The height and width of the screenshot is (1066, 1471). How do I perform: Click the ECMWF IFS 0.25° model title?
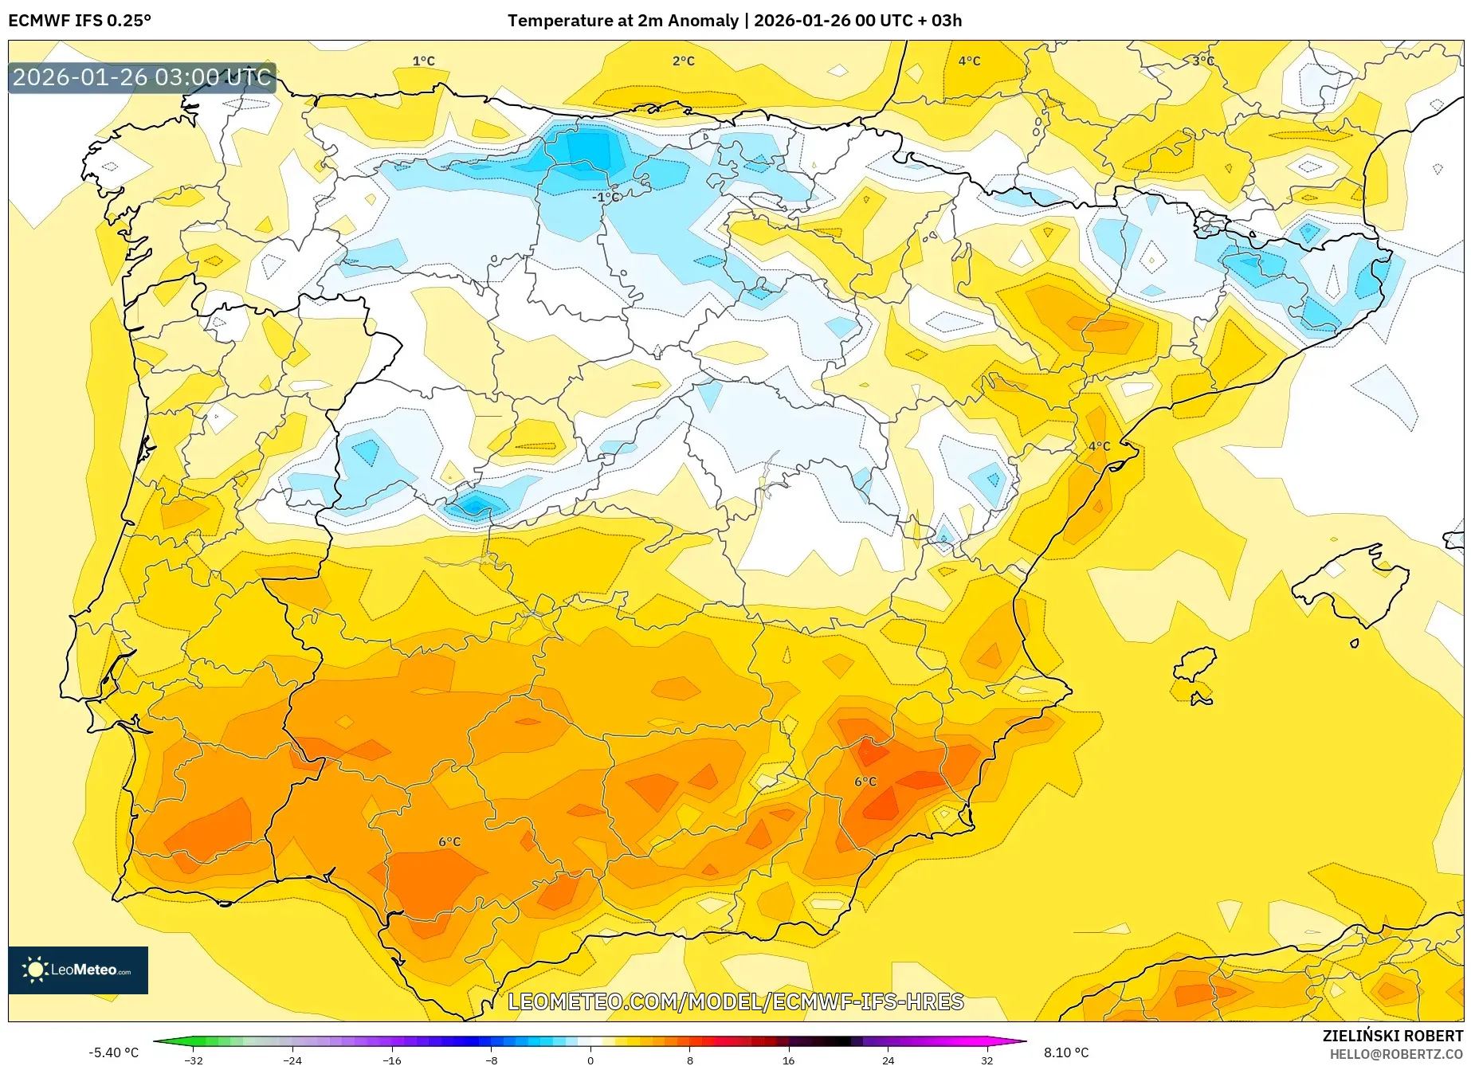click(x=80, y=21)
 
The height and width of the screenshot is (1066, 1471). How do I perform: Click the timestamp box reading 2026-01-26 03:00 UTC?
click(x=142, y=77)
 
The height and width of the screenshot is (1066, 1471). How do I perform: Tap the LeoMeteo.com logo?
click(x=78, y=970)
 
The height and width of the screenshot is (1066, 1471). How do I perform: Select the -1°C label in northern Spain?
click(x=605, y=197)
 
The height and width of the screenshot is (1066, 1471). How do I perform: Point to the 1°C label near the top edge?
click(x=423, y=61)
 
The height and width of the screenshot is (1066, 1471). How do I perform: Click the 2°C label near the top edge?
click(x=683, y=61)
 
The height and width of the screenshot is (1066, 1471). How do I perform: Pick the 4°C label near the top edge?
click(x=969, y=61)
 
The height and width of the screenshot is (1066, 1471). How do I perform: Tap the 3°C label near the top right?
click(x=1202, y=61)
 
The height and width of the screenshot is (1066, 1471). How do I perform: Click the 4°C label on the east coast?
click(x=1099, y=446)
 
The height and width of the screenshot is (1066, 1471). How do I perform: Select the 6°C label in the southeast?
click(x=865, y=782)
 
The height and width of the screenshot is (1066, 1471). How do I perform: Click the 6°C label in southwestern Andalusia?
click(x=449, y=841)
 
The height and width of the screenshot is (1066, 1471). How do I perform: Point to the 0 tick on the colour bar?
click(x=590, y=1060)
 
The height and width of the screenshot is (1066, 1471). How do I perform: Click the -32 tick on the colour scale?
click(x=194, y=1060)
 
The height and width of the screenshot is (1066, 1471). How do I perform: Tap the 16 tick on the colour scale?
click(x=788, y=1060)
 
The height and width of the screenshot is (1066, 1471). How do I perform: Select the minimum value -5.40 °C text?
click(x=113, y=1052)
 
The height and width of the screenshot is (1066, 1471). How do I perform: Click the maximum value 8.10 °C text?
click(x=1066, y=1052)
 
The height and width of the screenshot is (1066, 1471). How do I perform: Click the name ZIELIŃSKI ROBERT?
click(x=1393, y=1036)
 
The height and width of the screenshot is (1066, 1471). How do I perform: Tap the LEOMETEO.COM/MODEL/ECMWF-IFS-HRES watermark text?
click(x=735, y=1001)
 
